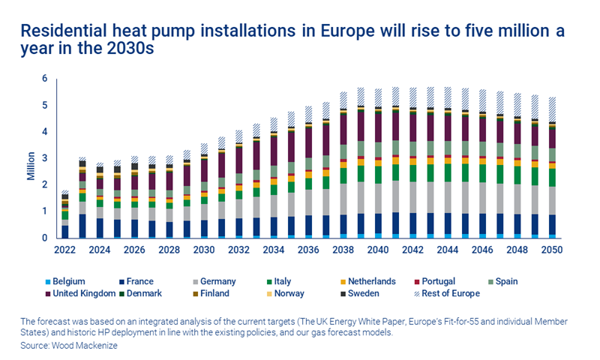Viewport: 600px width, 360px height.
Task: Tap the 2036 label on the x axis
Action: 309,249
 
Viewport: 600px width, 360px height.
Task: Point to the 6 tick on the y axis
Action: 45,78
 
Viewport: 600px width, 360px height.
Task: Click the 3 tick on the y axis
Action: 45,158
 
